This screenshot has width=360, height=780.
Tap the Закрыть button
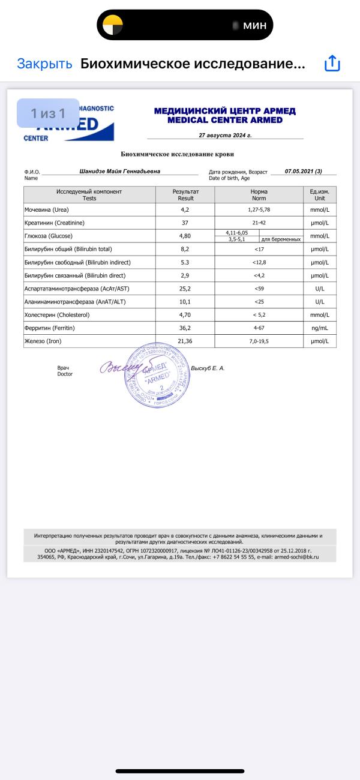[44, 64]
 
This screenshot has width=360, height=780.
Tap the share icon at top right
[332, 64]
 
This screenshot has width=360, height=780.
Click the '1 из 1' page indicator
[48, 113]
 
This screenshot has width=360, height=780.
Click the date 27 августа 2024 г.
[225, 136]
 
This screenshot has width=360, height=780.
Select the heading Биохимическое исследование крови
[180, 154]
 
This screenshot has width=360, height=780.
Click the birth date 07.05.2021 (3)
[303, 171]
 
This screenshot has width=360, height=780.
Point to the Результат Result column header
[185, 195]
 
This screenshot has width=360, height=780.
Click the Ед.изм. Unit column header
[319, 195]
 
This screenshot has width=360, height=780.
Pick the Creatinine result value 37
[185, 223]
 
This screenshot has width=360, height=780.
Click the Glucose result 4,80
[185, 236]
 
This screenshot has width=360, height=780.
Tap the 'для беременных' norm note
[281, 239]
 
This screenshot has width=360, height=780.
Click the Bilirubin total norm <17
[259, 249]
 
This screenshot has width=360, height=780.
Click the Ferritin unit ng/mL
[319, 328]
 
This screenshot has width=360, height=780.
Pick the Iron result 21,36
[185, 341]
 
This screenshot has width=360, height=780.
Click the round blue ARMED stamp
[158, 377]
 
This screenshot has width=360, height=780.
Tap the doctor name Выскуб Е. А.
[207, 368]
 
